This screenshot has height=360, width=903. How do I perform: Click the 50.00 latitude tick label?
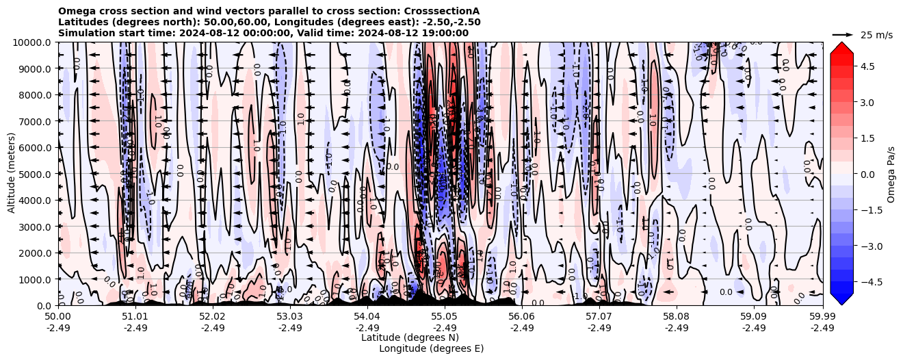pyautogui.click(x=58, y=317)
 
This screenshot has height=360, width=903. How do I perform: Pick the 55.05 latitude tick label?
pyautogui.click(x=445, y=317)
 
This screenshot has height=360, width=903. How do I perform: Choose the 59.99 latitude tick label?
pyautogui.click(x=822, y=317)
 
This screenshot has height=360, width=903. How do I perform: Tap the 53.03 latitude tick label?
pyautogui.click(x=290, y=317)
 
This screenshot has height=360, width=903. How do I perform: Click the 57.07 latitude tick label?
pyautogui.click(x=599, y=317)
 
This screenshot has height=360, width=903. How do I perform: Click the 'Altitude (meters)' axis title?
pyautogui.click(x=12, y=174)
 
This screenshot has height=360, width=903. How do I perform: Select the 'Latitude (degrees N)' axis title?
pyautogui.click(x=410, y=337)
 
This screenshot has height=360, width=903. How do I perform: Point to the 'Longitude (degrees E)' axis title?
pyautogui.click(x=431, y=348)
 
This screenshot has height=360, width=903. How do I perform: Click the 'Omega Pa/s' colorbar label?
pyautogui.click(x=891, y=174)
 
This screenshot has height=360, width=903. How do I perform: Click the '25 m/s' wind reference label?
pyautogui.click(x=876, y=35)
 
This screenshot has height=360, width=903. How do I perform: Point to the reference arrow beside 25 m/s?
pyautogui.click(x=843, y=34)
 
